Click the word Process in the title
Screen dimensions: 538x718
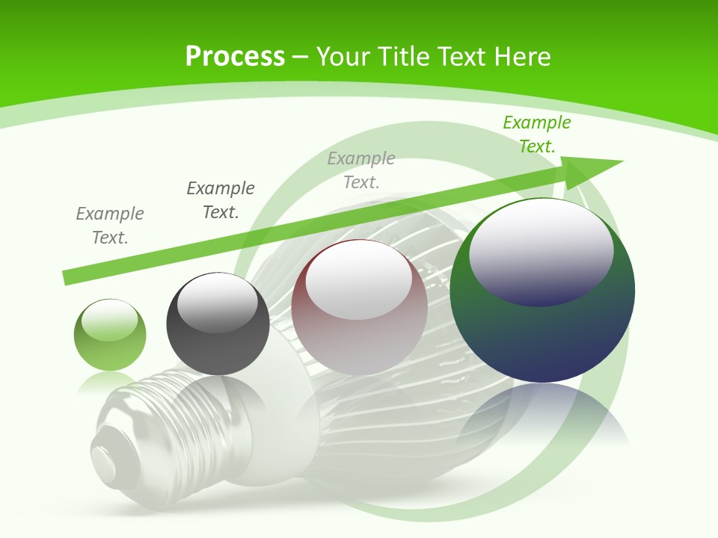(235, 57)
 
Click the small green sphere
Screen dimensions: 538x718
(110, 335)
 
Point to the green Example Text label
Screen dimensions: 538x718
(536, 134)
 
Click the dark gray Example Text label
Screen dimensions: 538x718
(221, 200)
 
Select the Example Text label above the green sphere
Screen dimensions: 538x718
(110, 226)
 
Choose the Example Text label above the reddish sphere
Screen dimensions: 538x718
(361, 170)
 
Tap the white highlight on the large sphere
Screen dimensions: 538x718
(541, 250)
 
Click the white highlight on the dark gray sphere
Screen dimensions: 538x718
(217, 303)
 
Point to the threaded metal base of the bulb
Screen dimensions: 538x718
(131, 426)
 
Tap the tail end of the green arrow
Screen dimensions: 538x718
(69, 276)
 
